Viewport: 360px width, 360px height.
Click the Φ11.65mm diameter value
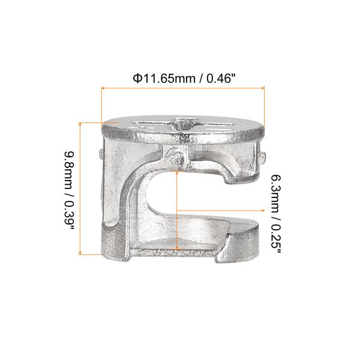click(x=164, y=79)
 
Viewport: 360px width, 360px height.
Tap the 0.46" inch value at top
click(x=221, y=79)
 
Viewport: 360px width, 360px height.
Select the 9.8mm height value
click(x=70, y=170)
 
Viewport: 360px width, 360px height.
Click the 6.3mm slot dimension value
click(x=276, y=194)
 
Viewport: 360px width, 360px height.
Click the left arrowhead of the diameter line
click(x=103, y=88)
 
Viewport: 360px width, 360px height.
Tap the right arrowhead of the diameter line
click(x=263, y=88)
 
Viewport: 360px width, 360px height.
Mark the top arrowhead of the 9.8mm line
click(x=80, y=124)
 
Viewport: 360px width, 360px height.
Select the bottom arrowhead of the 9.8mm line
click(x=80, y=253)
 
